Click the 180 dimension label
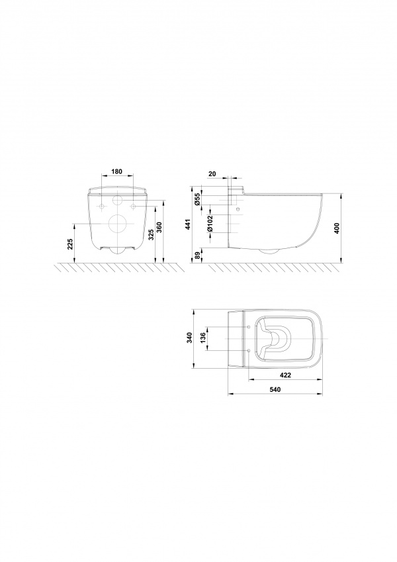coord(117,171)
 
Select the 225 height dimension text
coord(70,244)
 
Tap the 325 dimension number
coord(152,234)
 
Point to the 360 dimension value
coord(160,228)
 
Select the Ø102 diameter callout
coord(210,223)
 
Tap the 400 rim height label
coord(336,228)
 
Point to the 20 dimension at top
coord(212,174)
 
